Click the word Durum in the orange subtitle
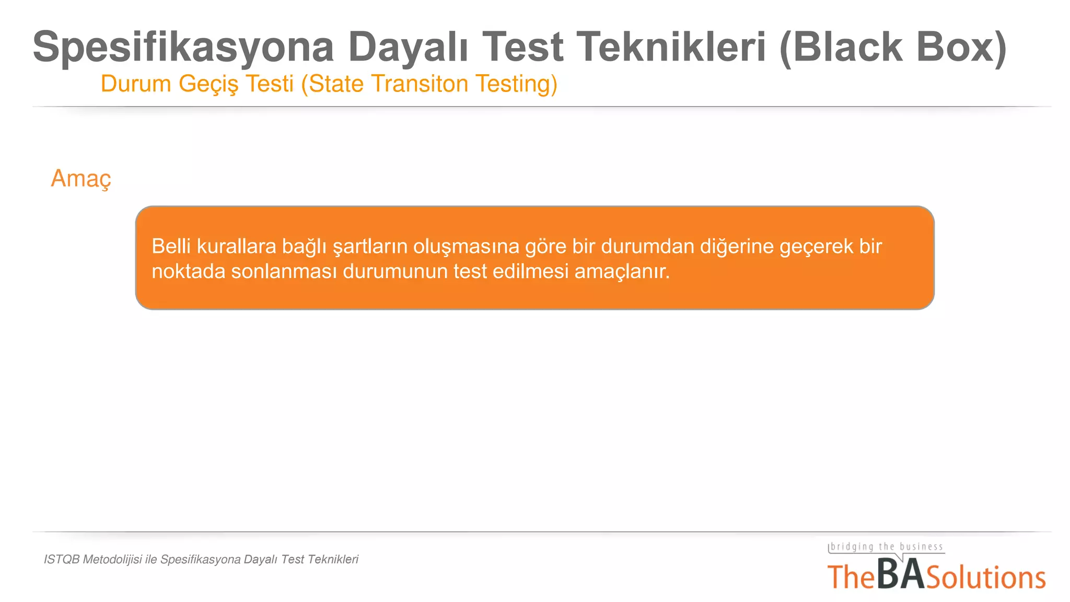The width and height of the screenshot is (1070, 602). pos(136,84)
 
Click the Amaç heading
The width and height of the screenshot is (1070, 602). pos(81,179)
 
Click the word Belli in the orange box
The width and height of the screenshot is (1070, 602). pos(171,246)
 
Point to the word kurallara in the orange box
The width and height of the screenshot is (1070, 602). pos(236,246)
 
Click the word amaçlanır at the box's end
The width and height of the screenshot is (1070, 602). pos(622,272)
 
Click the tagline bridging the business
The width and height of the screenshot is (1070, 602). pos(887,547)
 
